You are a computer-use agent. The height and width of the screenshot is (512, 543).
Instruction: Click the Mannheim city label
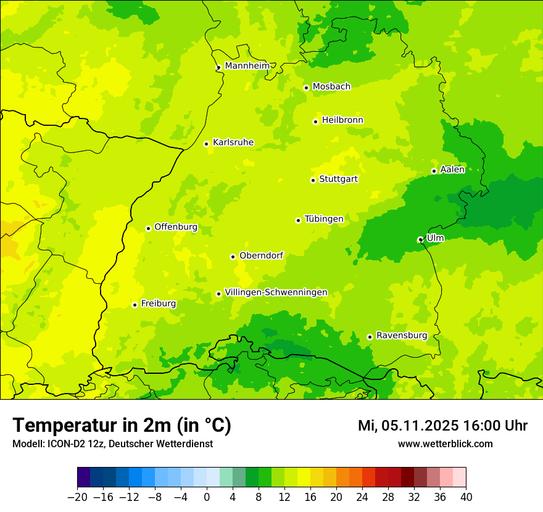(x=247, y=66)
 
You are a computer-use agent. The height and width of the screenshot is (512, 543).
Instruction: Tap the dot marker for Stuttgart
(x=313, y=180)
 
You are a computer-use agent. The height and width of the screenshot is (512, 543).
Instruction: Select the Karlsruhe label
(x=233, y=142)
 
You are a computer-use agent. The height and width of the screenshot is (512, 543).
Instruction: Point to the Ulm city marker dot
(x=420, y=239)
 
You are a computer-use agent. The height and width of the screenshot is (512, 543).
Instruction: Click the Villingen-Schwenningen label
(x=276, y=292)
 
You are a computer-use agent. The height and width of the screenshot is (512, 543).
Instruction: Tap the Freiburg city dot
(x=135, y=305)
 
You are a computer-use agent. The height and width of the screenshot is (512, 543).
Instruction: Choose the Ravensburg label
(x=401, y=336)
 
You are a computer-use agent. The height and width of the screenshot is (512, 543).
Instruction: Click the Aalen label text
(x=452, y=170)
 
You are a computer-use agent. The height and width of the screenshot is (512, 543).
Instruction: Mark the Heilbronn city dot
(x=315, y=122)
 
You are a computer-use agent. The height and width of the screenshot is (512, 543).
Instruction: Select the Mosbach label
(x=331, y=87)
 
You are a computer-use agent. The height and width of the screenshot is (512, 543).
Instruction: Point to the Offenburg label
(x=175, y=227)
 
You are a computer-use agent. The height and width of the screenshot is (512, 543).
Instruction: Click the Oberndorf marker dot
(x=233, y=257)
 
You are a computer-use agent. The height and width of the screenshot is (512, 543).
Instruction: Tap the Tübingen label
(x=323, y=219)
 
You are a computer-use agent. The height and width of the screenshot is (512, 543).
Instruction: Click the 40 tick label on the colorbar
(x=466, y=497)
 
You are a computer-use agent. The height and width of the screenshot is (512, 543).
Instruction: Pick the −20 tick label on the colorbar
(x=77, y=497)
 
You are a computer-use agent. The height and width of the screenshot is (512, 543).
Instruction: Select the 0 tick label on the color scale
(x=207, y=497)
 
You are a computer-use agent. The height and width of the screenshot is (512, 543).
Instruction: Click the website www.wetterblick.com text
(x=445, y=444)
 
